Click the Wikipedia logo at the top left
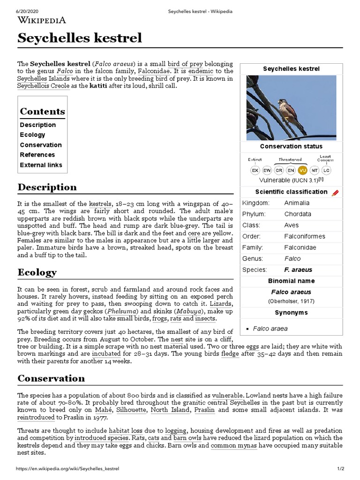pos(42,20)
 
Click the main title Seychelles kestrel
pos(80,38)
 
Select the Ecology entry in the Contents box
pos(32,135)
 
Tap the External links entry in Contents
pos(41,165)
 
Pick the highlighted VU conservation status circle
pos(302,170)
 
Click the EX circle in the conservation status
pos(255,170)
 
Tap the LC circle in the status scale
pos(326,170)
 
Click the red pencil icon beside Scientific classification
pos(335,193)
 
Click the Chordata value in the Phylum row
pos(297,214)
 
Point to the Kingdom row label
pos(256,203)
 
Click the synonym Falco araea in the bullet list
pos(270,329)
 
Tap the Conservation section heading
pos(51,378)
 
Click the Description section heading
pos(47,187)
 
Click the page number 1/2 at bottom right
pos(340,469)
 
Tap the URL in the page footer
pos(67,469)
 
